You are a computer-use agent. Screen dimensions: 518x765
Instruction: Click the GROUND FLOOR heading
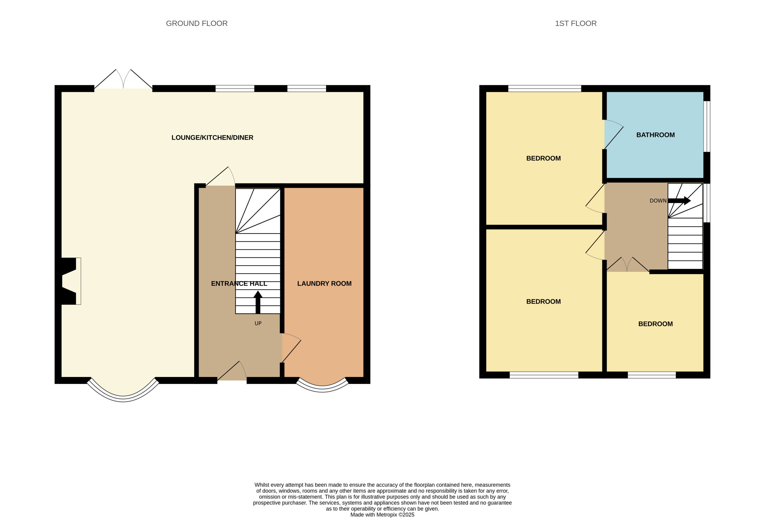pos(196,23)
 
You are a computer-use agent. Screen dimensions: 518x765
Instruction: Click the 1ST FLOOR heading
pos(575,23)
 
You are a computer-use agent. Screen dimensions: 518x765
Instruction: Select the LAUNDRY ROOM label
pos(324,283)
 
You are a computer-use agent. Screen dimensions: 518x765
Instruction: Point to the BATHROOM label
pos(655,135)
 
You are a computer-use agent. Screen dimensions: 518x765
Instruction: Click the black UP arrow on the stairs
pos(258,302)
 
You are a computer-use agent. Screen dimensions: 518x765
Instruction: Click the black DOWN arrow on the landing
pos(679,200)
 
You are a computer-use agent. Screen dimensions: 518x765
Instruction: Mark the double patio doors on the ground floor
pos(123,81)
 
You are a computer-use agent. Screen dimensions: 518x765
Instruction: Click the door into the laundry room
pos(291,348)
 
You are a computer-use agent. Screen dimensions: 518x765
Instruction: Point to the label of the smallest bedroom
pos(655,324)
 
